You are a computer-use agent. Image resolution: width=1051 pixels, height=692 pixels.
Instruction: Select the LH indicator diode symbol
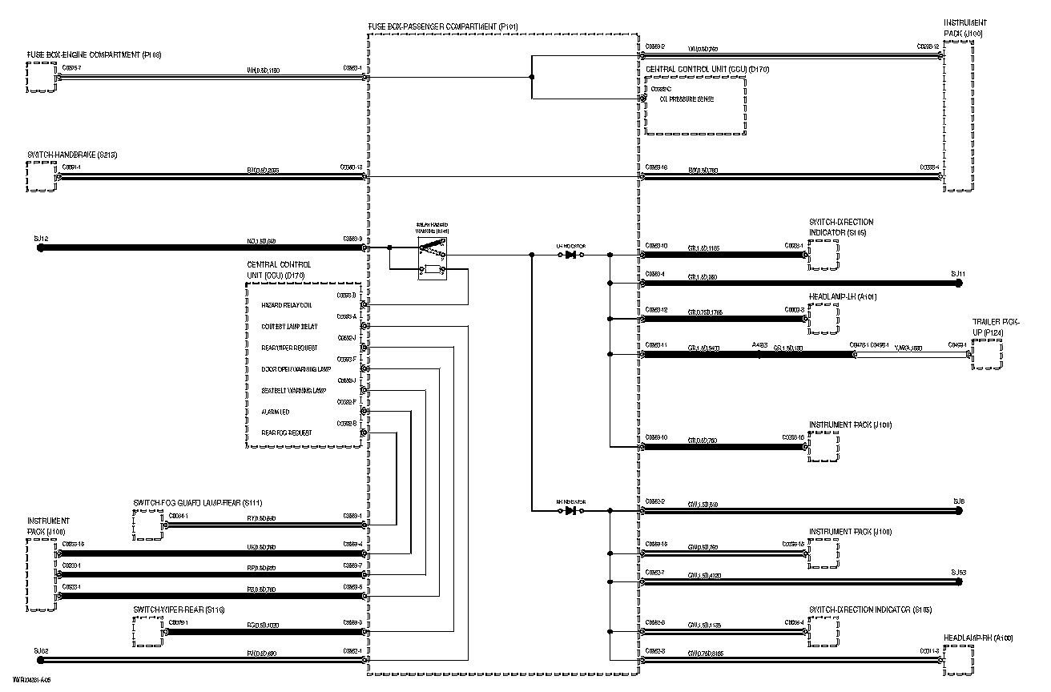571,255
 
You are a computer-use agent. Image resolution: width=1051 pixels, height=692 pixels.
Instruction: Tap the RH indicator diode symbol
571,510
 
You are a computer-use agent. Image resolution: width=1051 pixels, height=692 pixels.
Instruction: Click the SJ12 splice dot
41,248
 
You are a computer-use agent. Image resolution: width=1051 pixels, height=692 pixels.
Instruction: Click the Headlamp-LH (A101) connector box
822,319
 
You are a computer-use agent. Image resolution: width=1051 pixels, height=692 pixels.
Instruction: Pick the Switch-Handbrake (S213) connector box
41,177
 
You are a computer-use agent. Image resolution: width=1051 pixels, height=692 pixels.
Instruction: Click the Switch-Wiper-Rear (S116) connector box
148,631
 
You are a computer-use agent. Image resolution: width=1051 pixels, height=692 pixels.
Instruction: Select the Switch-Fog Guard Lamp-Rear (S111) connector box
148,525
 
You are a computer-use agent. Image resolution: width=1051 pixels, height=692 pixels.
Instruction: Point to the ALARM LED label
276,412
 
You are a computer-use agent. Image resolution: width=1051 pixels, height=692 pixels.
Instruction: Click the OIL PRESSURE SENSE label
687,99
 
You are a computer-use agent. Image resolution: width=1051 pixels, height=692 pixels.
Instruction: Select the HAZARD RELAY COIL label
287,305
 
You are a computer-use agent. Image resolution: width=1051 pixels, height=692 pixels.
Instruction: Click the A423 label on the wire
759,345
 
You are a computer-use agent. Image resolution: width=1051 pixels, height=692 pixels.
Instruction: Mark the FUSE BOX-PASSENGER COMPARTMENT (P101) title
443,27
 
